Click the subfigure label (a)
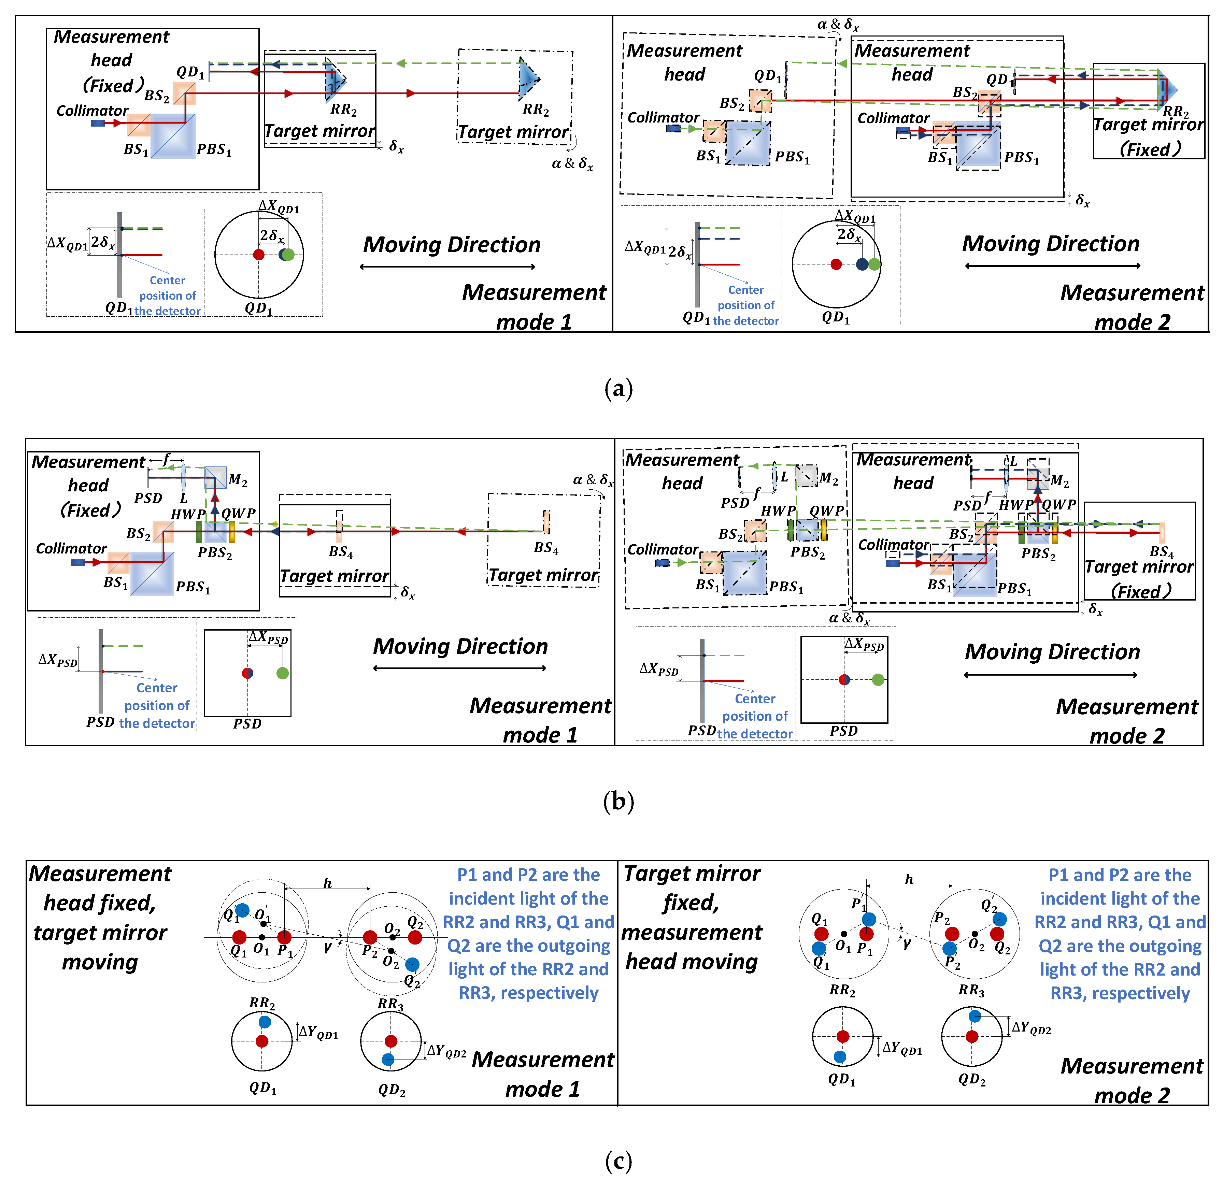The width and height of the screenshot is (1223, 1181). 618,389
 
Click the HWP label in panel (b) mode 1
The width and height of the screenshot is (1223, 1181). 188,514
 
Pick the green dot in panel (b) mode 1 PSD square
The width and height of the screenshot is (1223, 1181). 283,673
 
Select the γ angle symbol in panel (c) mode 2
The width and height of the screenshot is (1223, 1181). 907,943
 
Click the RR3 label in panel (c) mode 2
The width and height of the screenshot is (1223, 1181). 971,991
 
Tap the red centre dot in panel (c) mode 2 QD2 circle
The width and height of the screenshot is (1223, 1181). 971,1036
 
